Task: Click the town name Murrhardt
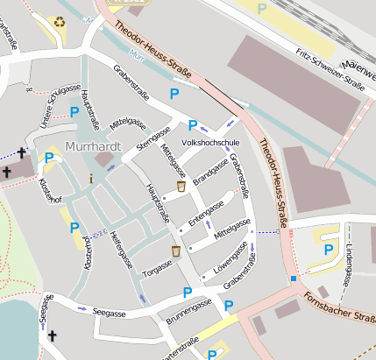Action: pyautogui.click(x=94, y=147)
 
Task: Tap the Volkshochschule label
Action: pyautogui.click(x=210, y=142)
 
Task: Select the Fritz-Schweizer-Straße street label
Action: pyautogui.click(x=330, y=69)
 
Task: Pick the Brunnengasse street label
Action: pyautogui.click(x=188, y=312)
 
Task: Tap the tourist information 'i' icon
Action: pyautogui.click(x=90, y=178)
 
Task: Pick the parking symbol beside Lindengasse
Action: pyautogui.click(x=328, y=250)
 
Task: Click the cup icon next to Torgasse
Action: pyautogui.click(x=175, y=251)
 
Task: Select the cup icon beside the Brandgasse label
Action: pyautogui.click(x=181, y=186)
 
